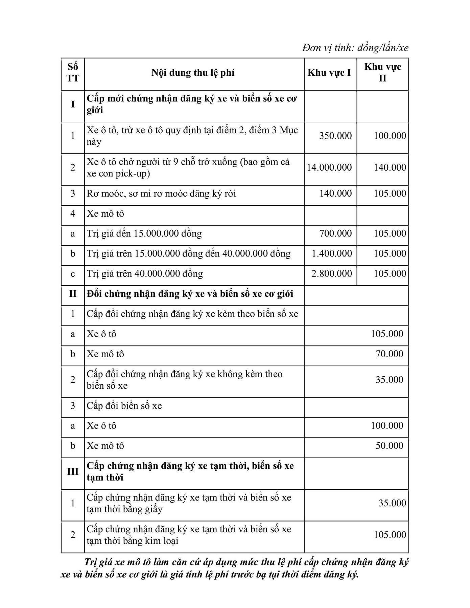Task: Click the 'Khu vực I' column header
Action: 329,73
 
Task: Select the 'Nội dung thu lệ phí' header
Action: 193,73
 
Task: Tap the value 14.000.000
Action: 329,167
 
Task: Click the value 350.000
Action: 335,136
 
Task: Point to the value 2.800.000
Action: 331,273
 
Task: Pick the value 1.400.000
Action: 331,253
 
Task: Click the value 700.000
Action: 335,234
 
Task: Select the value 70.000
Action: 389,354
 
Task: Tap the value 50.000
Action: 389,445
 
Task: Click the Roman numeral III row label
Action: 73,471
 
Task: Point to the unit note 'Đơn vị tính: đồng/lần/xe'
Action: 355,48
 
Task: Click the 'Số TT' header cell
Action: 73,73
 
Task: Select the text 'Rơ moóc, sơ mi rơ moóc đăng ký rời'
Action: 161,194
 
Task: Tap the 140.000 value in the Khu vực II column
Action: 390,167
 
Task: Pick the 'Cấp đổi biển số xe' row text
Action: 124,406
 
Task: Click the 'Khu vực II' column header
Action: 382,72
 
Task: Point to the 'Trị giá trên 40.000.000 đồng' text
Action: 145,273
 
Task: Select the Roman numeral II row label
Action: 73,294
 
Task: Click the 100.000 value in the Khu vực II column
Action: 390,136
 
